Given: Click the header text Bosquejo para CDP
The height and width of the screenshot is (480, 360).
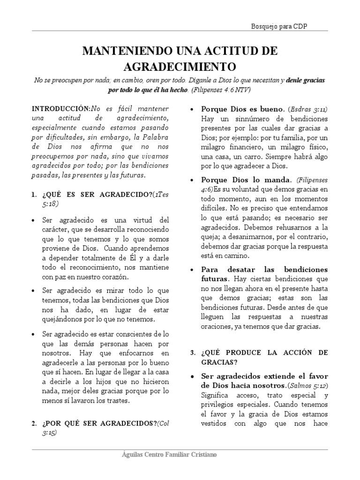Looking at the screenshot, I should (279, 27).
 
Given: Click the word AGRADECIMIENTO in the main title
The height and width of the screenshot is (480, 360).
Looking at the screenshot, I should (180, 65).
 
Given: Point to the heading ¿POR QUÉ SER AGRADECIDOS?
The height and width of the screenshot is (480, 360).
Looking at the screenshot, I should (100, 424).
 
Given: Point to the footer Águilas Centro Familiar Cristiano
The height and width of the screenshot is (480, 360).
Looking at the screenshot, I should (169, 455).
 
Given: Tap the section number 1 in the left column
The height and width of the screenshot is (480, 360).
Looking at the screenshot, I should (34, 195).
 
